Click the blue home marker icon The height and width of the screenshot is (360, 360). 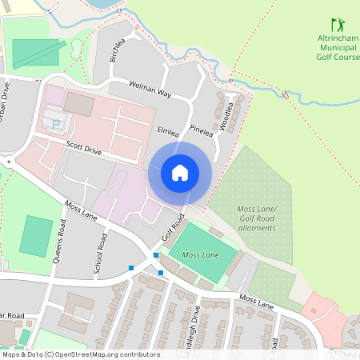pyautogui.click(x=180, y=173)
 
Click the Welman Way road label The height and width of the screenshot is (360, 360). pyautogui.click(x=151, y=89)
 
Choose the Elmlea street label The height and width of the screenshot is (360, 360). pyautogui.click(x=167, y=130)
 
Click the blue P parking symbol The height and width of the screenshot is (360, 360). pyautogui.click(x=55, y=124)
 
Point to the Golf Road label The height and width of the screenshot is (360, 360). pyautogui.click(x=174, y=226)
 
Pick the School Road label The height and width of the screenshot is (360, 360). pyautogui.click(x=101, y=254)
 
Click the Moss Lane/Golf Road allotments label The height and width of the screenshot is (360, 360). pyautogui.click(x=257, y=218)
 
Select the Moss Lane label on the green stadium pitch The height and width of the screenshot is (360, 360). pyautogui.click(x=200, y=254)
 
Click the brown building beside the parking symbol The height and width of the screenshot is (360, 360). pyautogui.click(x=78, y=103)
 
